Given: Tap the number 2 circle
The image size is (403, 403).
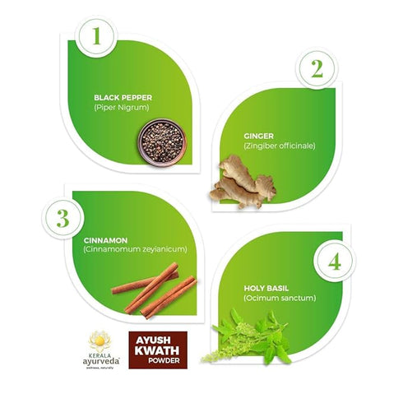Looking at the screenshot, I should tap(316, 71).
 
